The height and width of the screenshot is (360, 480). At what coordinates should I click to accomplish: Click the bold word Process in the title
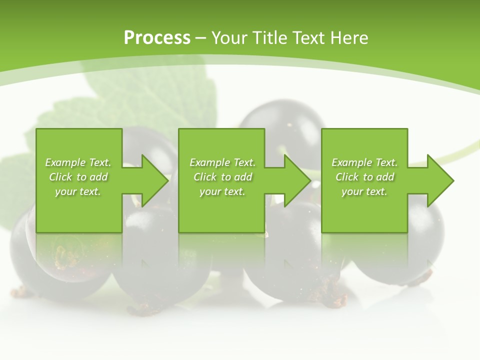pos(157,38)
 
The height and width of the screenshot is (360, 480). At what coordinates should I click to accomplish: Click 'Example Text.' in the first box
pos(78,162)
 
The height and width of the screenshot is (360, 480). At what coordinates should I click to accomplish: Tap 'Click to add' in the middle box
pos(222,177)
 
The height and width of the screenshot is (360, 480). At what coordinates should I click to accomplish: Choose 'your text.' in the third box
pos(364,191)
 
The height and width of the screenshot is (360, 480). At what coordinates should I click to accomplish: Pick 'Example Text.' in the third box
pos(364,162)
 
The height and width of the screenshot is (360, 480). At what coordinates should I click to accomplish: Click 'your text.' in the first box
pos(78,191)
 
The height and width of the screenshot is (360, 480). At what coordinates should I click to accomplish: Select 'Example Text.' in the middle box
pos(222,162)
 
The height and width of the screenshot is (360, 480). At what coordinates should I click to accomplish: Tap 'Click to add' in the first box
pos(78,177)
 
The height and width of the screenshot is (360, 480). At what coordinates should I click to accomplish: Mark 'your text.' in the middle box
pos(222,191)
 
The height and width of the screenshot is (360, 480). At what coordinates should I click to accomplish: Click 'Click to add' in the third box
pos(364,177)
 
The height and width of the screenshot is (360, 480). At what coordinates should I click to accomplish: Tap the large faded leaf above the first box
pos(150,95)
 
